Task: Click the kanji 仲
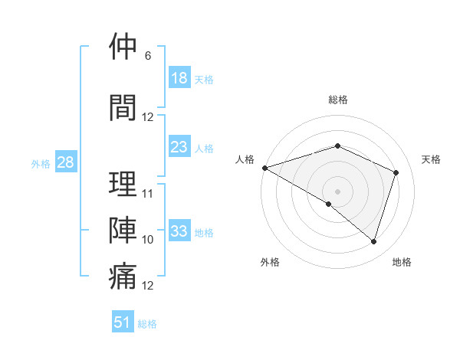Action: point(123,47)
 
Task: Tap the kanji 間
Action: point(123,106)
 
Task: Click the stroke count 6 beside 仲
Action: point(148,56)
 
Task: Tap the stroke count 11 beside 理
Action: point(148,193)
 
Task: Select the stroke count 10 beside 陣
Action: point(148,240)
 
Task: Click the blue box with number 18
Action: point(179,78)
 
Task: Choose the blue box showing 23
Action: point(179,147)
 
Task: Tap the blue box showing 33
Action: point(179,231)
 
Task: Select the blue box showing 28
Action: point(65,162)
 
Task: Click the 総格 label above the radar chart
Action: point(338,100)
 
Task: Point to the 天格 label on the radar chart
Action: point(432,159)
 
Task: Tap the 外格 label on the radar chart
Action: point(270,262)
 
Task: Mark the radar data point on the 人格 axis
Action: point(264,168)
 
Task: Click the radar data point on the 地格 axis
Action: point(373,242)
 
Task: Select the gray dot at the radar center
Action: point(338,191)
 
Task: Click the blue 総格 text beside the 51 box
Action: point(147,324)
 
